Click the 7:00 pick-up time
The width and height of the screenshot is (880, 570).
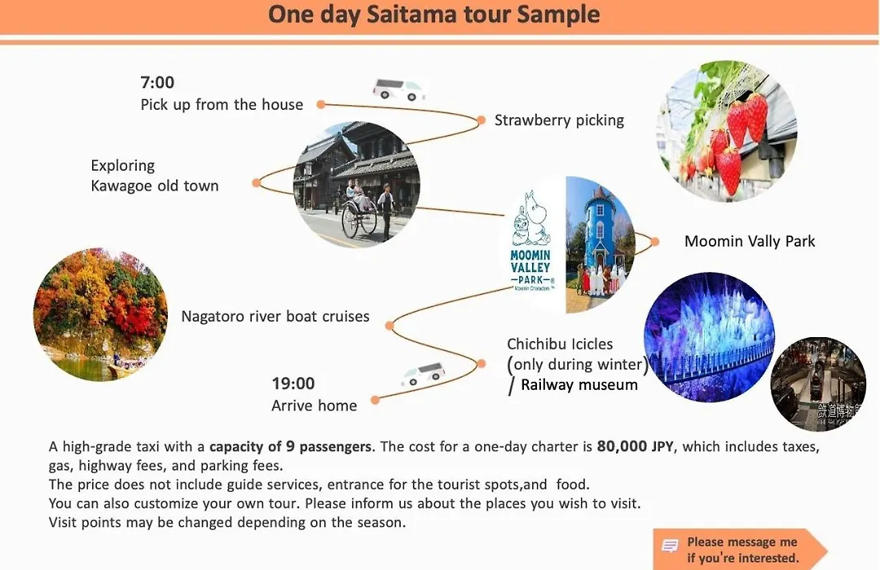[x=157, y=82]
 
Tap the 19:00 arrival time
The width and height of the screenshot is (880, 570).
[x=293, y=384]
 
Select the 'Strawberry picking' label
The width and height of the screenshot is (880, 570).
[x=559, y=120]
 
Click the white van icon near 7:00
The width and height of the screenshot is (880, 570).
[x=399, y=90]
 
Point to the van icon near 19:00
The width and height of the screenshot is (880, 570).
[x=424, y=375]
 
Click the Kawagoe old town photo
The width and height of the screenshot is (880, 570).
[x=356, y=184]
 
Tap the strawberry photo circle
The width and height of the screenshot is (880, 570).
[x=726, y=131]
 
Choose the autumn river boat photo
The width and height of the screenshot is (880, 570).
[x=100, y=314]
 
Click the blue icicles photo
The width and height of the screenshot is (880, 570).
[x=710, y=336]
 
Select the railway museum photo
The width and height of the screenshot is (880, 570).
[x=818, y=384]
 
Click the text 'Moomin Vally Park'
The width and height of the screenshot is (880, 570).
[x=750, y=241]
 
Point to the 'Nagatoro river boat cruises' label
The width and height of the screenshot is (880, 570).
[x=275, y=317]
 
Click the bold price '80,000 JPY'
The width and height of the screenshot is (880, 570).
[x=635, y=446]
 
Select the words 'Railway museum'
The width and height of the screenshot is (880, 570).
[x=579, y=385]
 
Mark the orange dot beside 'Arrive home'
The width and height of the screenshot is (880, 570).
[x=376, y=400]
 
